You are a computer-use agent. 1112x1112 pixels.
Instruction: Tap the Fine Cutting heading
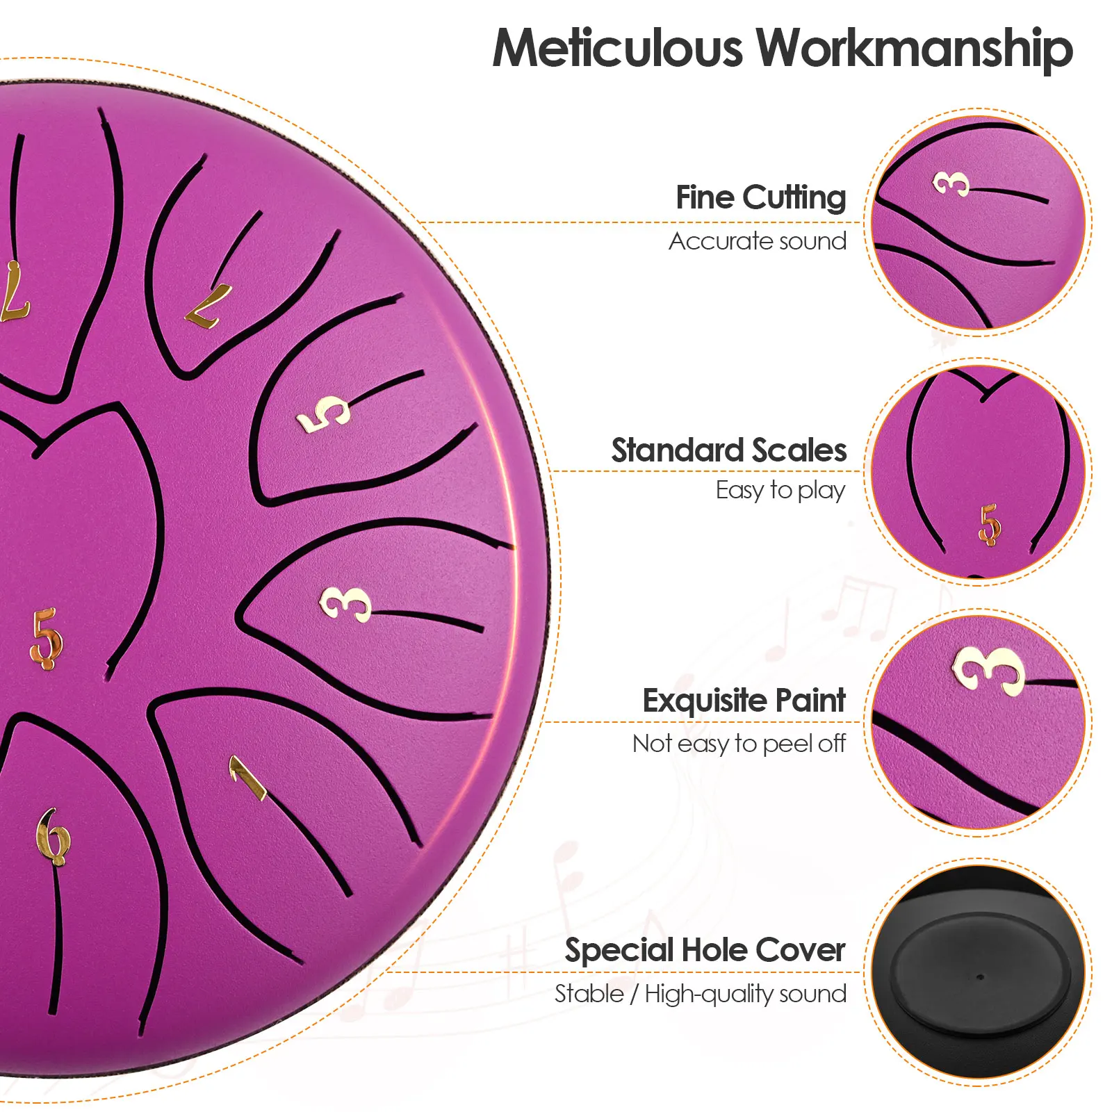pyautogui.click(x=760, y=198)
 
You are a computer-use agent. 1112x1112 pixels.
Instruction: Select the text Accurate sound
pyautogui.click(x=757, y=241)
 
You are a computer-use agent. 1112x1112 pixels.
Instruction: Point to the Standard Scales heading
pyautogui.click(x=728, y=450)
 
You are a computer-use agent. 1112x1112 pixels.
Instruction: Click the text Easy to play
pyautogui.click(x=780, y=491)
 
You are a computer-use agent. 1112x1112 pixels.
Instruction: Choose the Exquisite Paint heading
pyautogui.click(x=744, y=701)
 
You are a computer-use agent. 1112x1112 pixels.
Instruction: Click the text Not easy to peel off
pyautogui.click(x=739, y=744)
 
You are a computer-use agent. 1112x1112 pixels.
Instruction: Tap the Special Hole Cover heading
pyautogui.click(x=705, y=950)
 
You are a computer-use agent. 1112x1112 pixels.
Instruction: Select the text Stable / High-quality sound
pyautogui.click(x=700, y=994)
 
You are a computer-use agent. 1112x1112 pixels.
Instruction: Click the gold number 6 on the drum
pyautogui.click(x=53, y=837)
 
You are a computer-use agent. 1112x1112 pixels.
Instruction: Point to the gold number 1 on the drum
pyautogui.click(x=247, y=777)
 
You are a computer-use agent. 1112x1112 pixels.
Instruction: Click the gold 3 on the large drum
pyautogui.click(x=345, y=603)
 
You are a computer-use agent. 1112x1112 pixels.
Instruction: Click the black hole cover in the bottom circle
pyautogui.click(x=980, y=973)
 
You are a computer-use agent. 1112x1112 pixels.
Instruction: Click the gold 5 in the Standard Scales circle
pyautogui.click(x=990, y=524)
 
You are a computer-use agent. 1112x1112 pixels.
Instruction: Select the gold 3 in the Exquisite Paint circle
pyautogui.click(x=988, y=669)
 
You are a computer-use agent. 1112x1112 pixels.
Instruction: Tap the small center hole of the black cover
pyautogui.click(x=980, y=976)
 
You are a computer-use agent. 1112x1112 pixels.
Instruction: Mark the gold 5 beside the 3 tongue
pyautogui.click(x=324, y=414)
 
